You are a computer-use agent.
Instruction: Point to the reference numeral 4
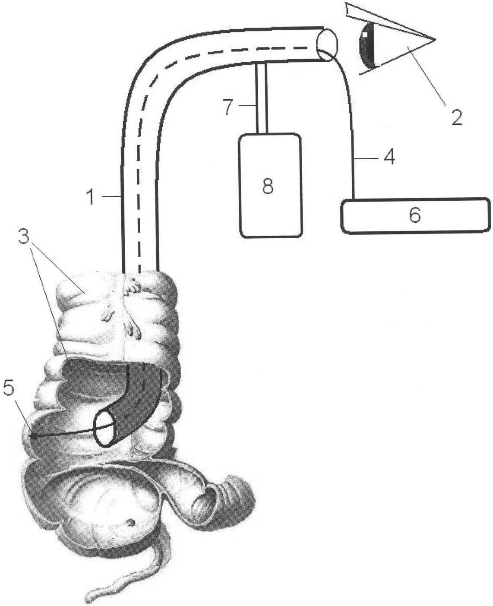(x=389, y=157)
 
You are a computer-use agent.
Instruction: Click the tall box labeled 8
(x=271, y=185)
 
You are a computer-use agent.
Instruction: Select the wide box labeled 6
(x=416, y=216)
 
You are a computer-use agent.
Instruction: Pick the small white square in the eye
(x=365, y=35)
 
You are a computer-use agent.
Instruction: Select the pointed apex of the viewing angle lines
(x=435, y=39)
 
